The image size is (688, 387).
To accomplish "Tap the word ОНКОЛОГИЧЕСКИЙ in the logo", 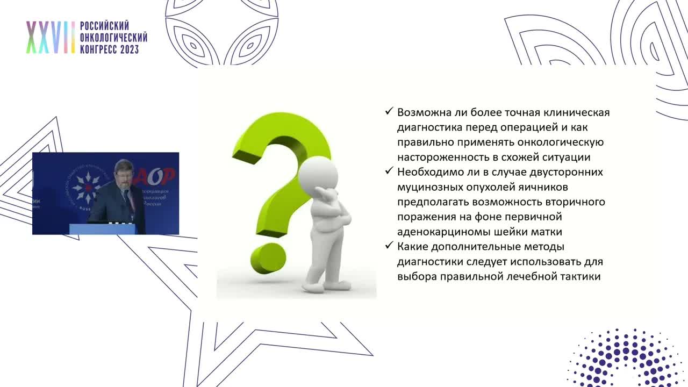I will (113, 38).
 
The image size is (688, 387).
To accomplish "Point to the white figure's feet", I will (322, 285).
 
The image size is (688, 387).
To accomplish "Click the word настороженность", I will (441, 157).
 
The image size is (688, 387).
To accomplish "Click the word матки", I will (549, 232).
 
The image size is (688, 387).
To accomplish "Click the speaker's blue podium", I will (102, 229).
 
